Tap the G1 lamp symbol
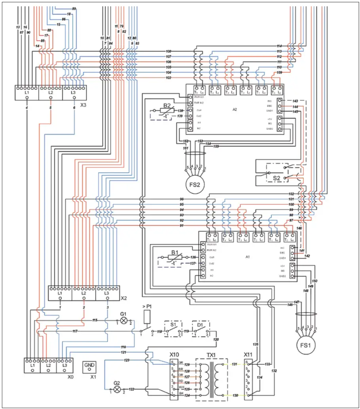(124, 320)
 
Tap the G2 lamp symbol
(117, 390)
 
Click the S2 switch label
(277, 178)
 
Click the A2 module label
(235, 109)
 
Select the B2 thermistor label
(167, 106)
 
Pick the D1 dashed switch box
(201, 328)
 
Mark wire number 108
(168, 51)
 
